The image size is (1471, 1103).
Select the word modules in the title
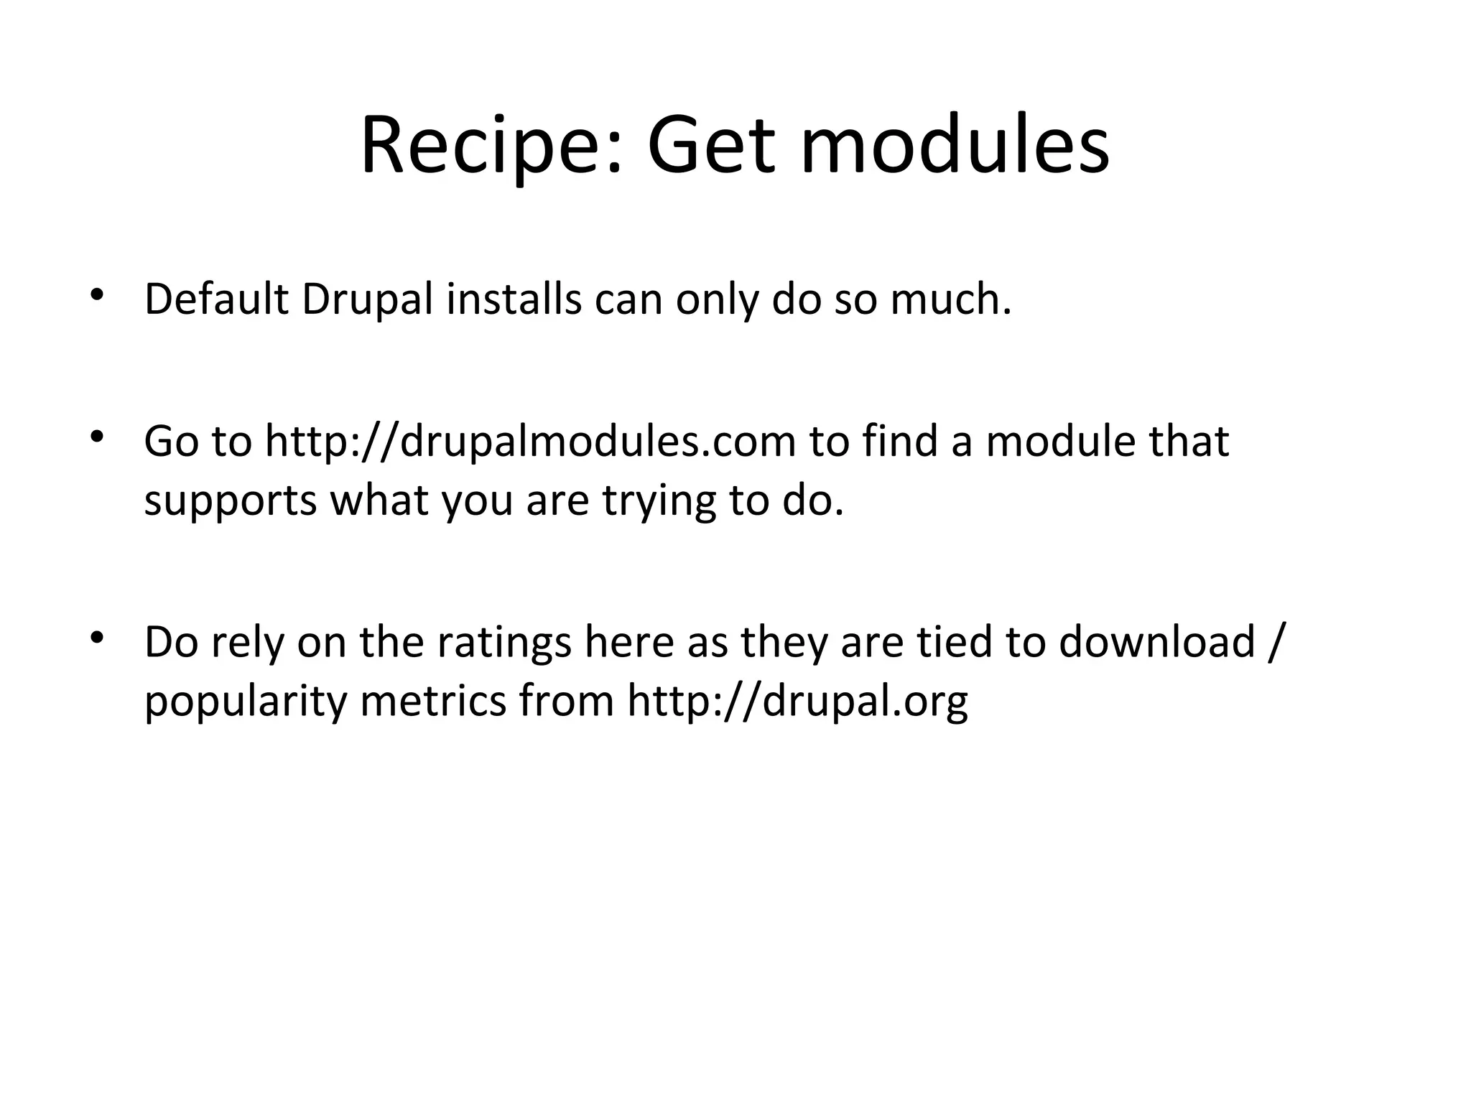pos(955,148)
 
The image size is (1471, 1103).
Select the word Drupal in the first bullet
pos(367,300)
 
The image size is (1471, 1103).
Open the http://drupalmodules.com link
pos(530,441)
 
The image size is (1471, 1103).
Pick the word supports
pos(230,501)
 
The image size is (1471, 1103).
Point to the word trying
pos(659,501)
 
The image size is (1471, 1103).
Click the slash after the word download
pos(1274,642)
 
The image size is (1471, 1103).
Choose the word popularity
pos(246,701)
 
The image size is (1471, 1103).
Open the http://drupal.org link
pos(797,701)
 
